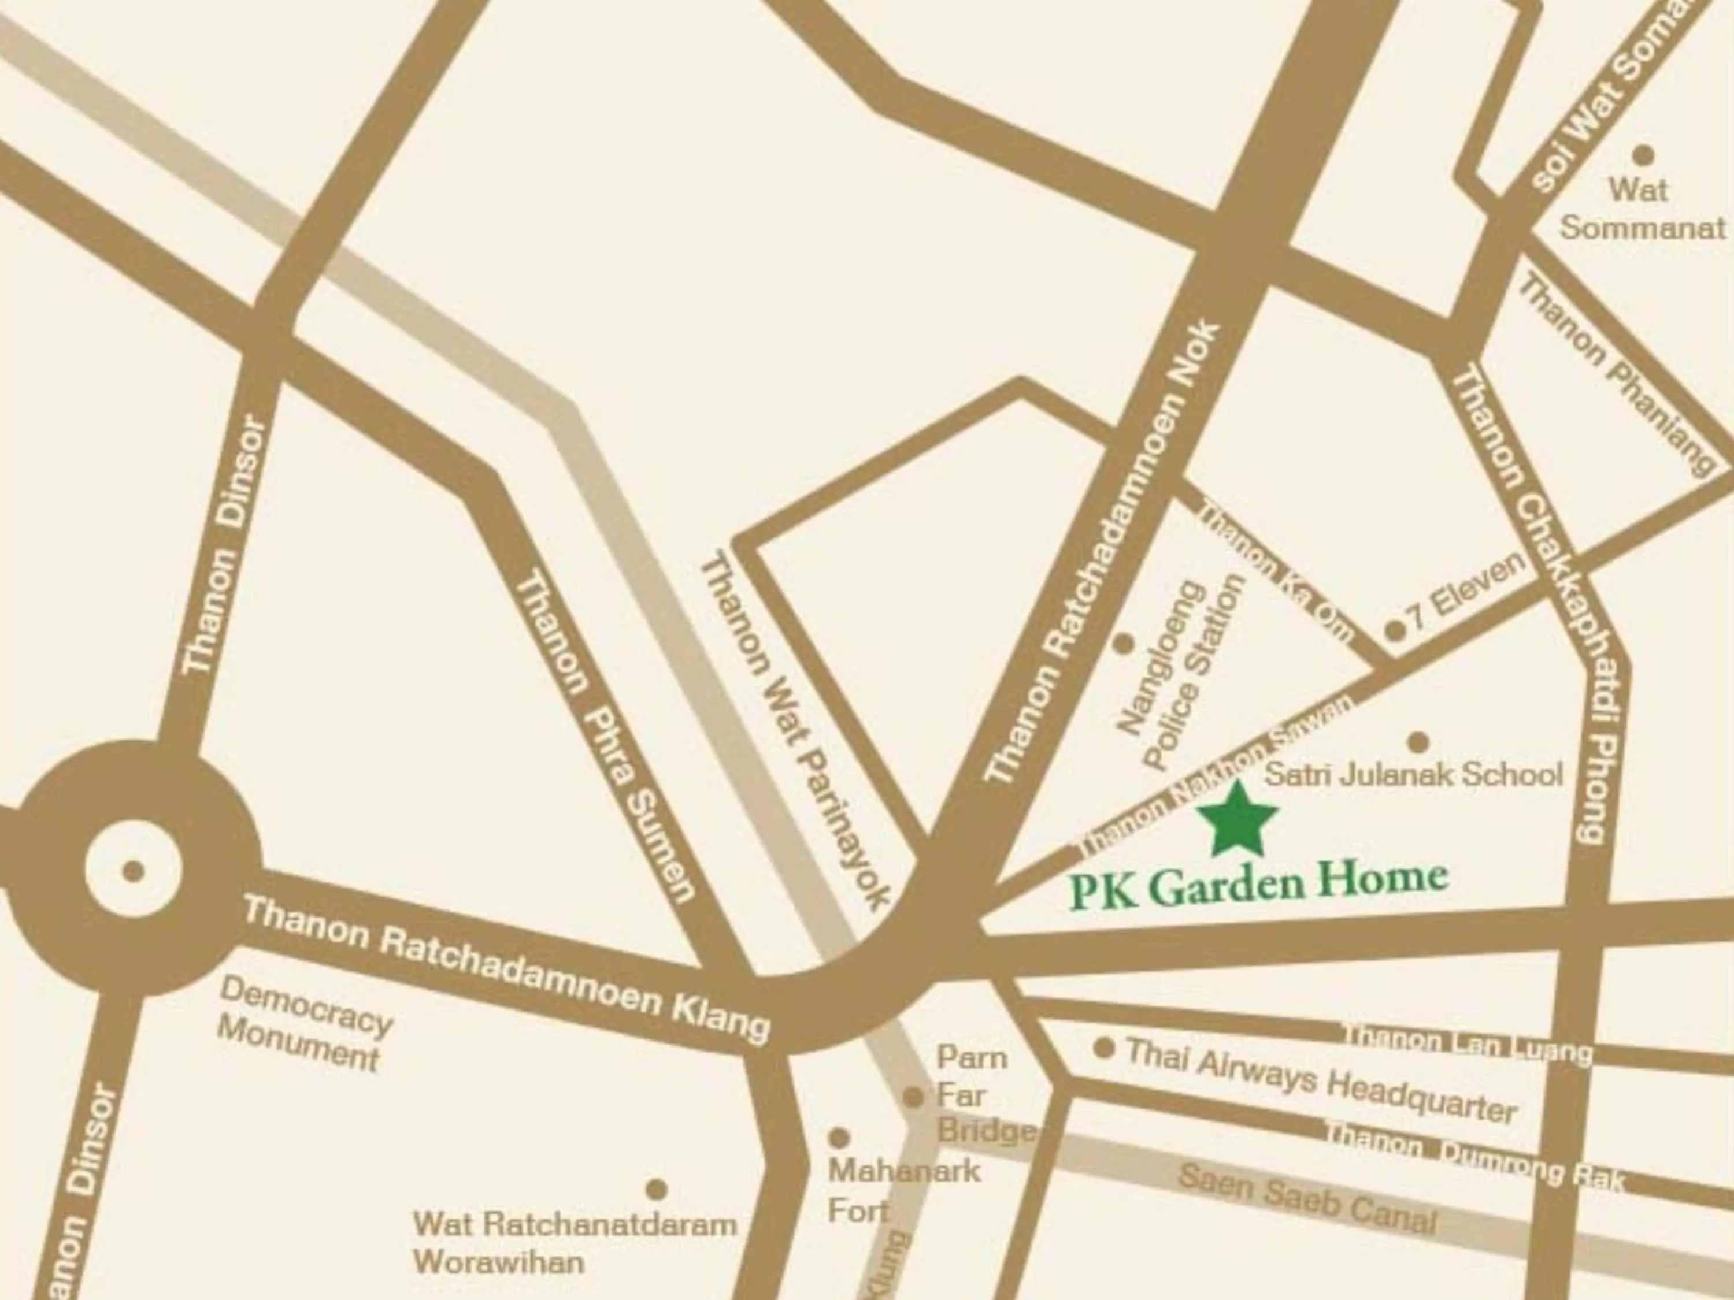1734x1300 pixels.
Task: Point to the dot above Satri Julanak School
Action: (1418, 741)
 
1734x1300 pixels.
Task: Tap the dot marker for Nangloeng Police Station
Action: (1123, 643)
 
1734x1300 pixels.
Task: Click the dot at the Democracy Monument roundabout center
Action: (134, 871)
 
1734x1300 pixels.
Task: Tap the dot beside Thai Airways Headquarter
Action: (1104, 1048)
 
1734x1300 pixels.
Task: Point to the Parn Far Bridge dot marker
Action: (913, 1097)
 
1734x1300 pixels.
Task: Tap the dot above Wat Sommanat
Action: (1643, 155)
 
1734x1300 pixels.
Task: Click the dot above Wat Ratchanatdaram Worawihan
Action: (656, 1190)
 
